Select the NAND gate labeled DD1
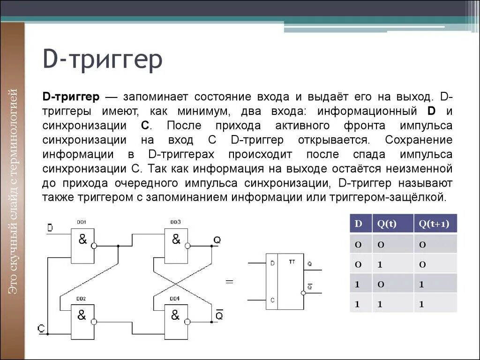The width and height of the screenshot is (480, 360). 82,245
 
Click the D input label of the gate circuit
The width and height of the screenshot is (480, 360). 50,228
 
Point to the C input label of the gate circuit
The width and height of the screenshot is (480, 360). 42,329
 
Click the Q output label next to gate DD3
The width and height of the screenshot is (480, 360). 217,240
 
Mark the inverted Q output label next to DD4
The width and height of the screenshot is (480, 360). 219,315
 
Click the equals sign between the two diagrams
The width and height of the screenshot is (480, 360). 230,282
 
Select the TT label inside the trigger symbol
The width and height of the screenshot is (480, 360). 292,262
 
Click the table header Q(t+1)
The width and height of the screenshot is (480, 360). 435,224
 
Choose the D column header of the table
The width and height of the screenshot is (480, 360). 359,224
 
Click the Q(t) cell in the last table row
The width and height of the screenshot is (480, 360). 381,304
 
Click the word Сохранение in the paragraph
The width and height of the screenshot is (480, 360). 418,140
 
